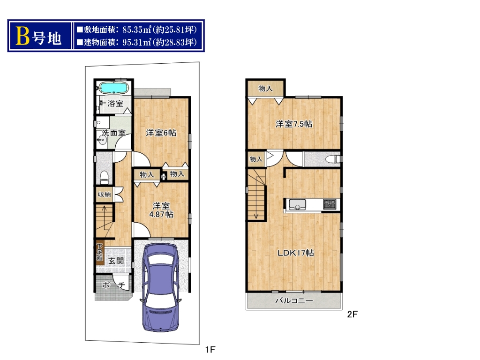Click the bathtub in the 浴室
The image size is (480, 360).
tap(114, 88)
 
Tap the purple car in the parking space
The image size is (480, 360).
tap(160, 288)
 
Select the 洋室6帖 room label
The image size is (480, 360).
tap(161, 133)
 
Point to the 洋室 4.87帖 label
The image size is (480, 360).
tap(161, 210)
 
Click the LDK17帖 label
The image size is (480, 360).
tap(296, 253)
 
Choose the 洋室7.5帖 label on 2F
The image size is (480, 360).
tap(294, 124)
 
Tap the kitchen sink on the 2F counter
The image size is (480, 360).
tap(297, 204)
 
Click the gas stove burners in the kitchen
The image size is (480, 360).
tap(330, 204)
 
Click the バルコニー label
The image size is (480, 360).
tap(294, 300)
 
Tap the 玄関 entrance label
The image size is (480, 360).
tap(116, 261)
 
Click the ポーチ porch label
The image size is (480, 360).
tap(113, 285)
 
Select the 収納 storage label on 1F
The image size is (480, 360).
tap(104, 195)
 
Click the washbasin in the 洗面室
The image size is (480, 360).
tap(102, 141)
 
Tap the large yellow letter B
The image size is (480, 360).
tap(22, 36)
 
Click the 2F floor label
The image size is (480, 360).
tap(352, 314)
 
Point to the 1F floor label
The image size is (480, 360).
tap(210, 349)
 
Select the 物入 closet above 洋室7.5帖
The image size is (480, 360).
tap(265, 89)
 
